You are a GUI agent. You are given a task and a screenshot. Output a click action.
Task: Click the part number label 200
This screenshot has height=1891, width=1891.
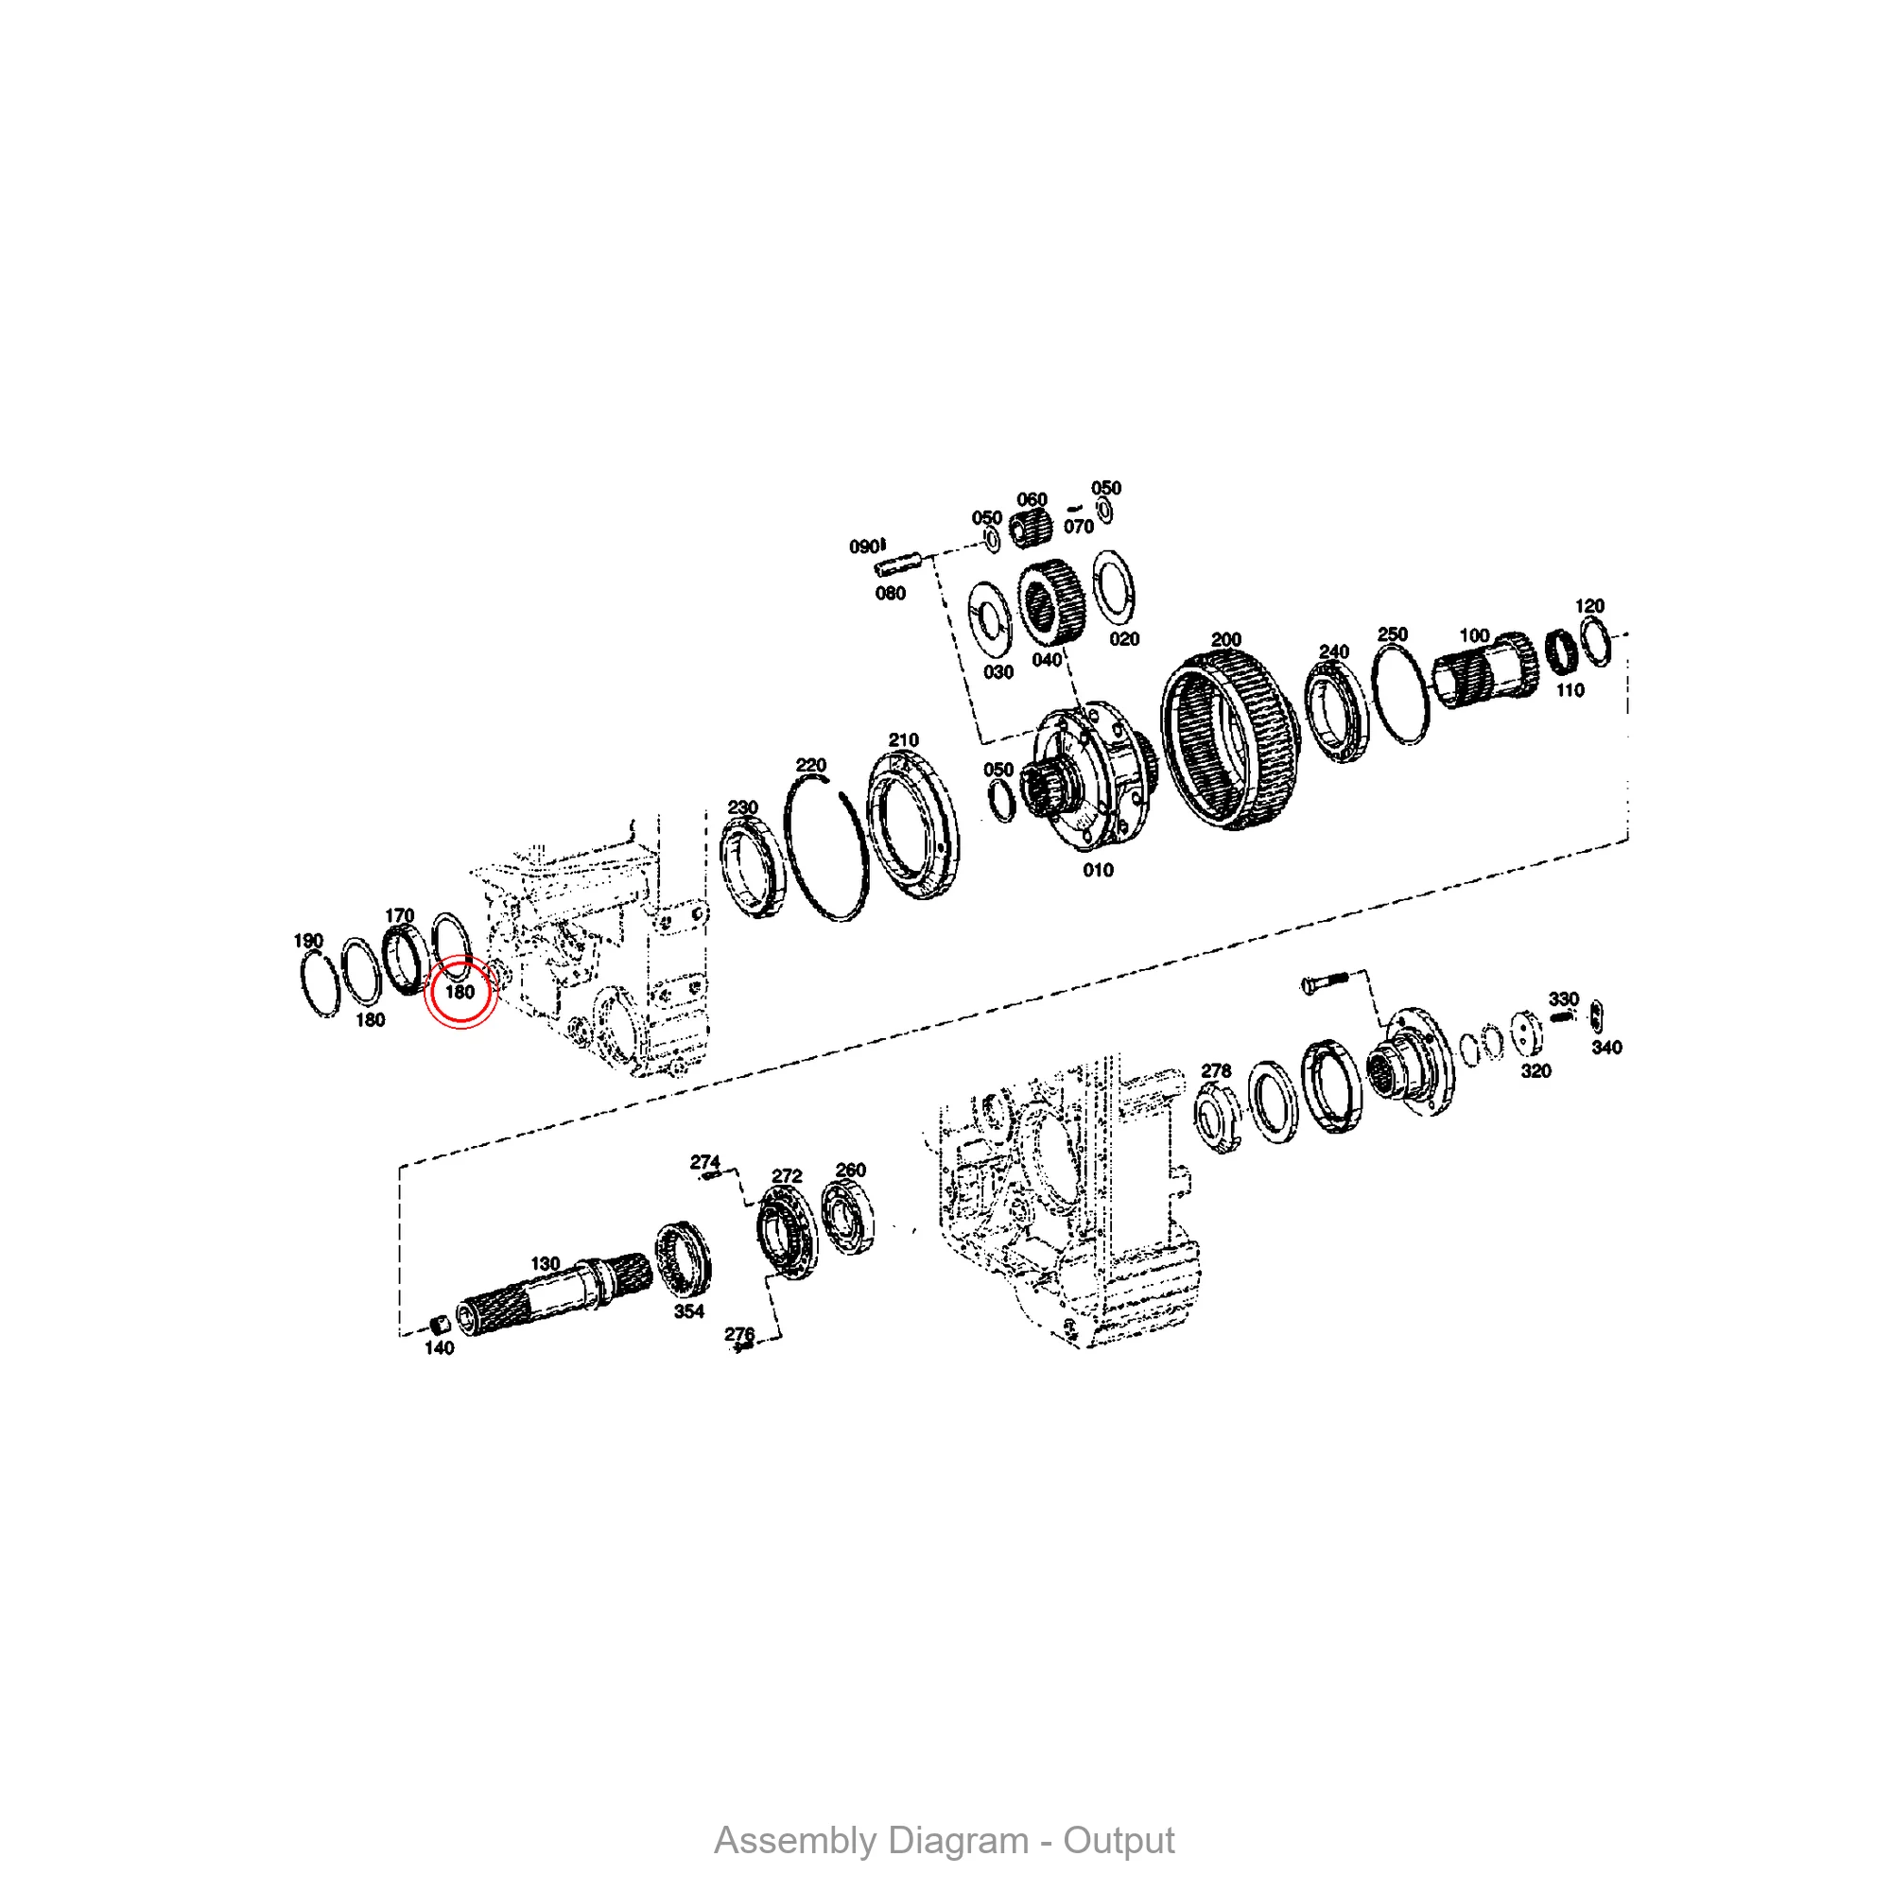[x=1225, y=639]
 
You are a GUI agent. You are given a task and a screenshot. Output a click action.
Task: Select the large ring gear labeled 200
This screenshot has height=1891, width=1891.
[x=1230, y=739]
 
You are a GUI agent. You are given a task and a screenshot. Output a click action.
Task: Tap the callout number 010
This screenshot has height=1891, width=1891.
[x=1098, y=870]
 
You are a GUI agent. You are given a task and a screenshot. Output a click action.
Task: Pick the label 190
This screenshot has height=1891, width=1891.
[x=308, y=941]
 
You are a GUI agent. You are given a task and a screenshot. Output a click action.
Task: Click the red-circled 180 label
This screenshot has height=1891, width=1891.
[x=460, y=992]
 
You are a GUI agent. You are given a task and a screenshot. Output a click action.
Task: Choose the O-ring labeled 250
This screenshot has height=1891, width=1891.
[x=1400, y=694]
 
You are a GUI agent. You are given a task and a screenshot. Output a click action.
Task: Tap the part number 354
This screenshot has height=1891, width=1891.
[x=689, y=1311]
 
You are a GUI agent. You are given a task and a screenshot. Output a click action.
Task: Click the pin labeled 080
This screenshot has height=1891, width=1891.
[x=897, y=565]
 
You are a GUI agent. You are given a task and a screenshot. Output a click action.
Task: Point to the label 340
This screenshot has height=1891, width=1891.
[x=1606, y=1048]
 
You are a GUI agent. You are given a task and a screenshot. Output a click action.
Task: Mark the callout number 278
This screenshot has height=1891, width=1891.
[x=1216, y=1071]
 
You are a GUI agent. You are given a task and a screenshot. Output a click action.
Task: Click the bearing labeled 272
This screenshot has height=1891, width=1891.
[x=787, y=1232]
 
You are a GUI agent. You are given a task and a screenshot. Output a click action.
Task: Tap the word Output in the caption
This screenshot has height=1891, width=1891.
[x=1119, y=1840]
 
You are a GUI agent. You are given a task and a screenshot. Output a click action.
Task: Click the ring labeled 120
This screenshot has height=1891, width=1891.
[x=1596, y=641]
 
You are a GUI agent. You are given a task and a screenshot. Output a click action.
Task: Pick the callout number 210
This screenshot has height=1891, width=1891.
[x=903, y=740]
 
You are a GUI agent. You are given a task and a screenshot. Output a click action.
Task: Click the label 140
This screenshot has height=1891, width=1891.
[x=440, y=1347]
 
